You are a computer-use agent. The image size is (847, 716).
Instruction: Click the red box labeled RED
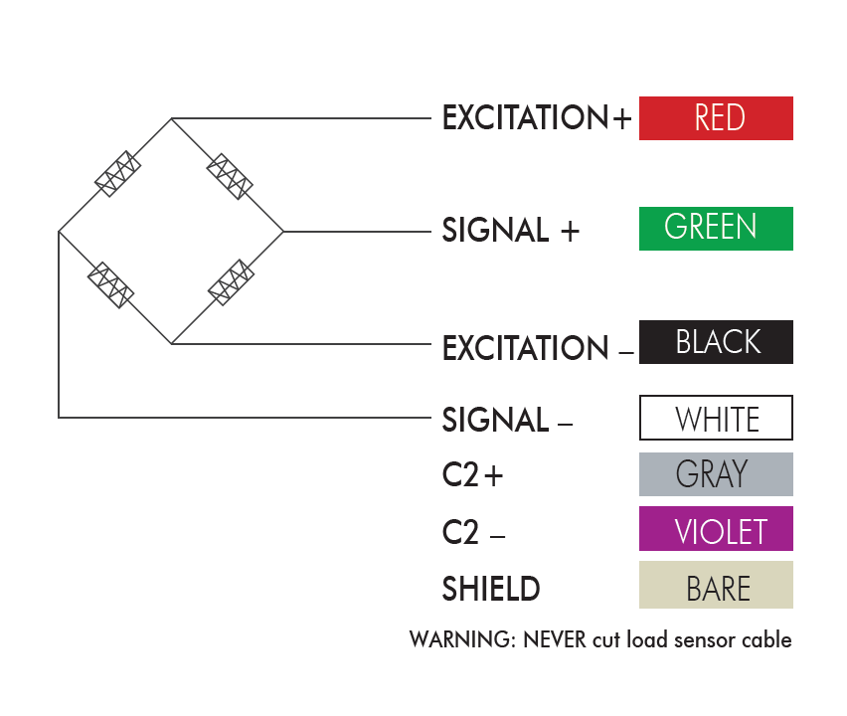[716, 118]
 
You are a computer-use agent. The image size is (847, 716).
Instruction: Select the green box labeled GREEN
[716, 228]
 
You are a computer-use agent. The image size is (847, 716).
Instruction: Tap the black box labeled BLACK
[716, 342]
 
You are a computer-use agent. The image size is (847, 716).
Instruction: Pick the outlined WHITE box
[716, 418]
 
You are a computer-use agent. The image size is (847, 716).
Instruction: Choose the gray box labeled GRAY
[716, 474]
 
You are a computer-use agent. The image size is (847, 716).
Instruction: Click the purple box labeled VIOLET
[716, 529]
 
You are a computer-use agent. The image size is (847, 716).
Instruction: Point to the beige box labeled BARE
[716, 586]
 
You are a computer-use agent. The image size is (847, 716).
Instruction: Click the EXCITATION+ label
[537, 118]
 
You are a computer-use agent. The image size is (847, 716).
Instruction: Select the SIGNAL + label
[510, 231]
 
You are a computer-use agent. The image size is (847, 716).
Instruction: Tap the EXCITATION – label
[537, 349]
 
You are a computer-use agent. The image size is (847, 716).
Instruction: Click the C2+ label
[473, 476]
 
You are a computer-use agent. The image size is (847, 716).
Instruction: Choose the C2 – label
[473, 533]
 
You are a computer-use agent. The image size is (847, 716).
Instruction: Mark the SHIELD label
[491, 589]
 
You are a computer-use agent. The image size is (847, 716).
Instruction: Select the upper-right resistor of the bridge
[229, 176]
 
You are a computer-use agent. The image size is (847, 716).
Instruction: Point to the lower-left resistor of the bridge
[111, 285]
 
